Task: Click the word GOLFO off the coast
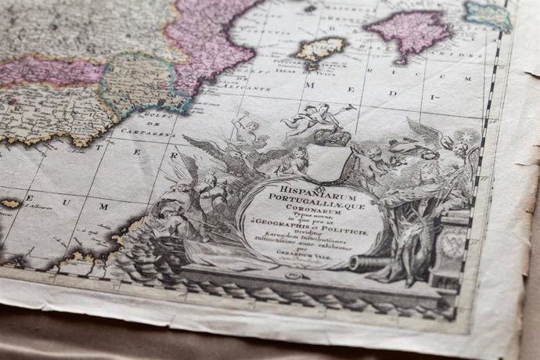click(x=153, y=118)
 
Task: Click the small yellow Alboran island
click(x=10, y=203)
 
